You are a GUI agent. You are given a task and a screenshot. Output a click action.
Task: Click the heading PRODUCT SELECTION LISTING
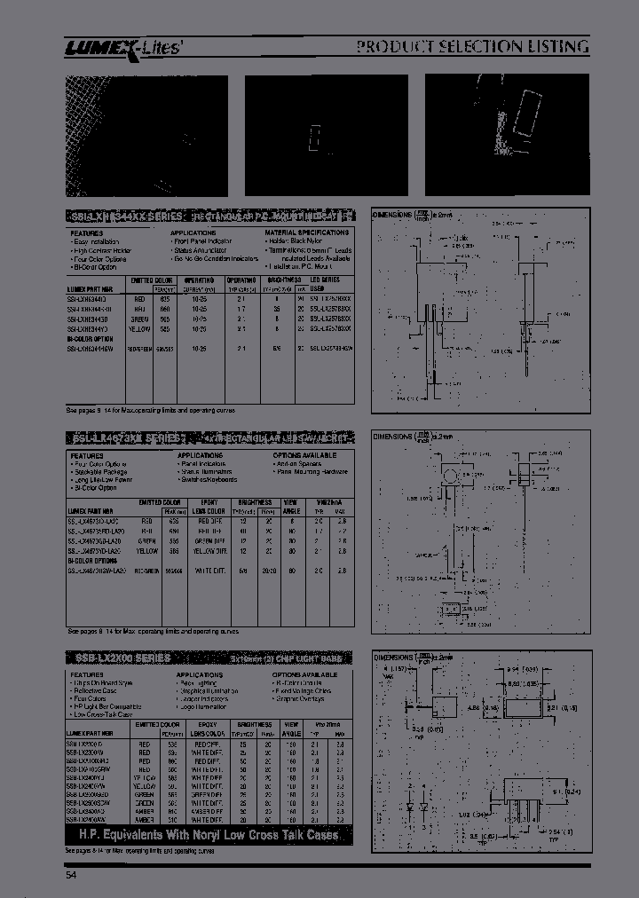[473, 46]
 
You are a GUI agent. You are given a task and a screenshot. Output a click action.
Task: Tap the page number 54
[71, 877]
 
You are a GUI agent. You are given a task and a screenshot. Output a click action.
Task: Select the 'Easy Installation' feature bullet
[97, 241]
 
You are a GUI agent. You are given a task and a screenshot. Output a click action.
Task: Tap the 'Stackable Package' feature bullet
[97, 471]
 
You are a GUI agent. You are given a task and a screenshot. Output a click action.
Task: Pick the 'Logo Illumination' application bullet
[203, 706]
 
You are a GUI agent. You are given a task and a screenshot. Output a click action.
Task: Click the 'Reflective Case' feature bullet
[96, 690]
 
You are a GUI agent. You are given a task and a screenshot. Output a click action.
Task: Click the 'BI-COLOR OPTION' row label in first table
[91, 338]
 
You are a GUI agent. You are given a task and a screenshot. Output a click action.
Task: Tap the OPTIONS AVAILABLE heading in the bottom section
[306, 674]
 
